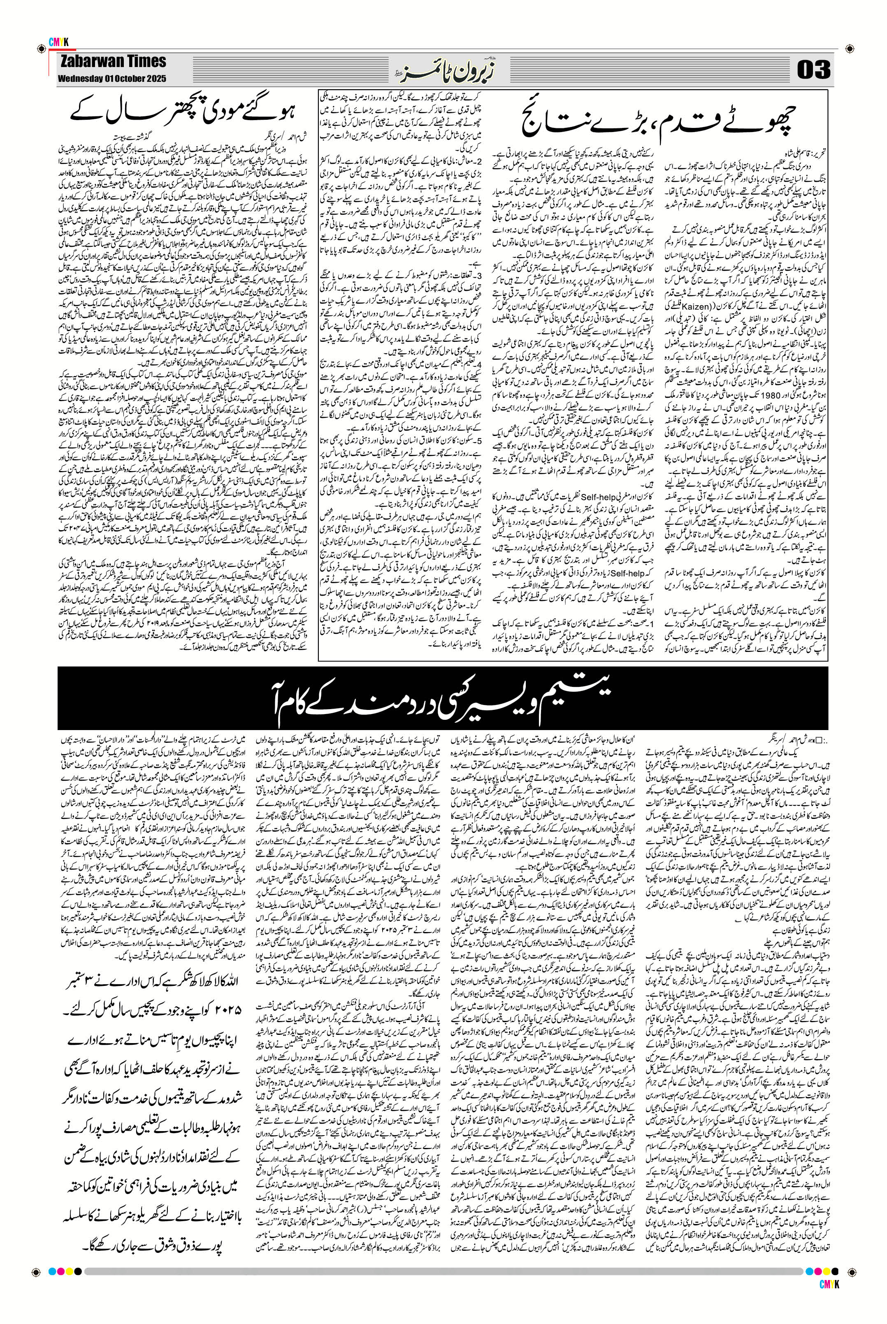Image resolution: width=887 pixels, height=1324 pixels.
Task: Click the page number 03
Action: coord(814,71)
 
